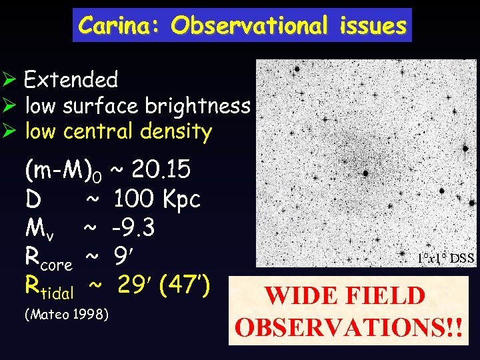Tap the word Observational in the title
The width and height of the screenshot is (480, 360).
click(249, 25)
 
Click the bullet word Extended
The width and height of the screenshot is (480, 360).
click(71, 80)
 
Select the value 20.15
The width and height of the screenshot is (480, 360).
click(161, 171)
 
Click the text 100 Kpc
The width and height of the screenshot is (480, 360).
click(157, 199)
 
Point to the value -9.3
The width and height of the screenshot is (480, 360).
click(133, 228)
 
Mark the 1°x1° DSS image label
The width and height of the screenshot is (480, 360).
click(445, 258)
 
